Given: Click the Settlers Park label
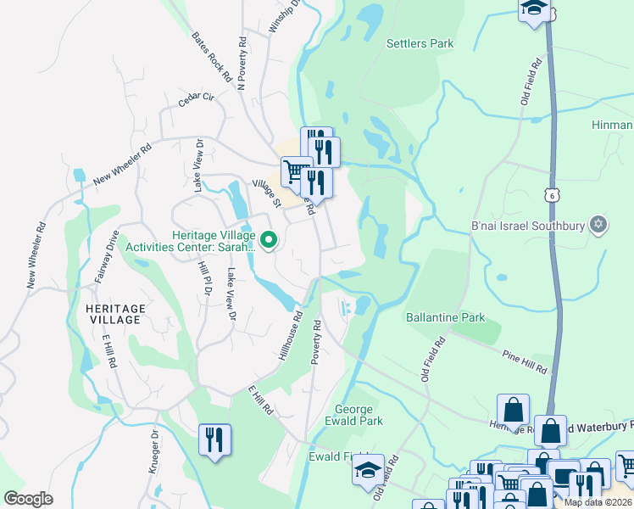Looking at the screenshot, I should click(x=420, y=43).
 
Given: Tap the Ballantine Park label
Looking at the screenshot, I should click(x=445, y=317).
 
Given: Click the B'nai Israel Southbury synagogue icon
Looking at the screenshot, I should click(x=598, y=224).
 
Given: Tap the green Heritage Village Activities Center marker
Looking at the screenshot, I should click(x=269, y=241).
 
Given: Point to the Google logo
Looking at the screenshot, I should click(x=28, y=499).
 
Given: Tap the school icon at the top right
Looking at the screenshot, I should click(x=533, y=8).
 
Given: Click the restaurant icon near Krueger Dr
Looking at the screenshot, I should click(x=214, y=439).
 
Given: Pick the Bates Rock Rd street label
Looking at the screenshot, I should click(x=212, y=57).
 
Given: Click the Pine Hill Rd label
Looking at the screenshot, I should click(x=525, y=362).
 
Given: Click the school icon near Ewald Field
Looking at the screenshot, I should click(x=368, y=468).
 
